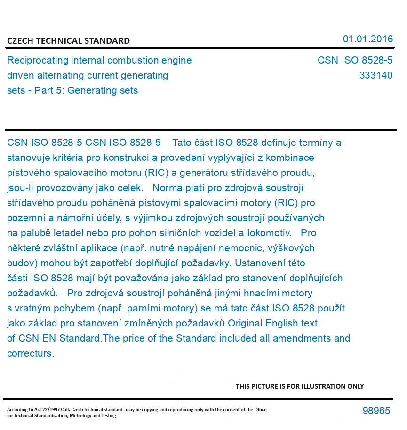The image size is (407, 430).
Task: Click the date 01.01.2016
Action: pyautogui.click(x=367, y=39)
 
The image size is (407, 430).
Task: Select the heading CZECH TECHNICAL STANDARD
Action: pyautogui.click(x=68, y=41)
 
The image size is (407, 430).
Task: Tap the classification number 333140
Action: pyautogui.click(x=375, y=75)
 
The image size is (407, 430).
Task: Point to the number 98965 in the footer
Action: pyautogui.click(x=376, y=411)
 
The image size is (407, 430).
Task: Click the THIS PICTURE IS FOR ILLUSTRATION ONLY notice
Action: pyautogui.click(x=300, y=386)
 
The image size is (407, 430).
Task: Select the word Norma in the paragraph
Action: pyautogui.click(x=166, y=188)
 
